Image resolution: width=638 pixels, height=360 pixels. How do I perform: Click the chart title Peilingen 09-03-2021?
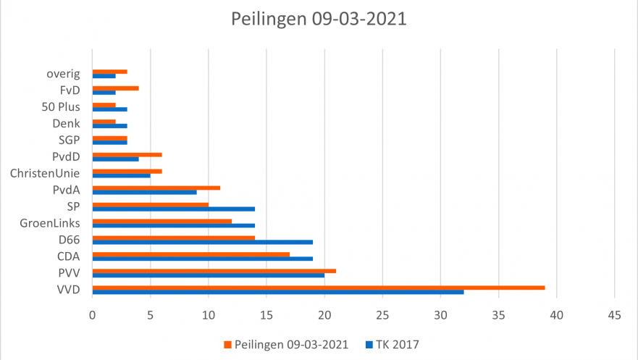click(x=319, y=19)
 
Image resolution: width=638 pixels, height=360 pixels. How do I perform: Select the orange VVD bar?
click(x=319, y=288)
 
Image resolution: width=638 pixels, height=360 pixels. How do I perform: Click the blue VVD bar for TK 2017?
click(x=278, y=292)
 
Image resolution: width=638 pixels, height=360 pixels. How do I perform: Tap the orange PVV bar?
click(x=214, y=271)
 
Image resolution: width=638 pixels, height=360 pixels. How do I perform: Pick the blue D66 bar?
click(x=203, y=242)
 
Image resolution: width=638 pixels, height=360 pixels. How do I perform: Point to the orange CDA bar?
click(x=191, y=254)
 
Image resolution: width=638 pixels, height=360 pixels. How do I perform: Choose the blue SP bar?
click(x=174, y=209)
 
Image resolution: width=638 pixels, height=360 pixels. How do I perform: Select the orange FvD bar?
click(x=116, y=88)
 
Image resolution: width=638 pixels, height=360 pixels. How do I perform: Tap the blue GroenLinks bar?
click(x=174, y=225)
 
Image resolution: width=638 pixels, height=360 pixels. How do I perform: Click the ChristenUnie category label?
click(x=45, y=173)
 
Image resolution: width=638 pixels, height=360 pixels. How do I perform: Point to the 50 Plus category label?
click(x=60, y=107)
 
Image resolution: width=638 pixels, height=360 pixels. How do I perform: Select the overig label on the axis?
click(x=63, y=74)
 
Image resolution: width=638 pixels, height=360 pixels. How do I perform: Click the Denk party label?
click(x=67, y=124)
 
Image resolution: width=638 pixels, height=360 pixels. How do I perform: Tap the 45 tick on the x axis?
click(x=614, y=316)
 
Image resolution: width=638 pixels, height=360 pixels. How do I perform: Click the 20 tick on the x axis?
click(x=324, y=316)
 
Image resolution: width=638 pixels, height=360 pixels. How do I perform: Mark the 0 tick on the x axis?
click(x=93, y=316)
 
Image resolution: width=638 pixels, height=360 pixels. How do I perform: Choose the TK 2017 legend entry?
click(x=391, y=345)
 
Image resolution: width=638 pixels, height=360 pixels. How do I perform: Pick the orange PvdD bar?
click(x=127, y=155)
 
